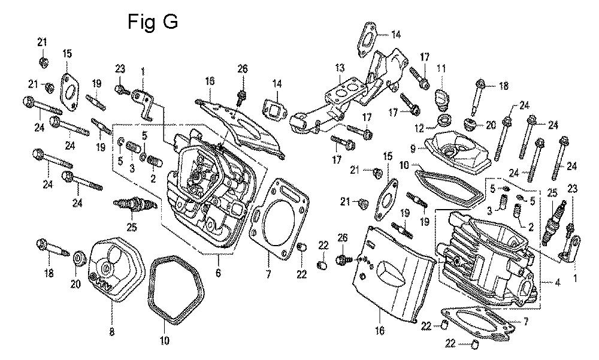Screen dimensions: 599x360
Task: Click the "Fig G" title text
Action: click(152, 22)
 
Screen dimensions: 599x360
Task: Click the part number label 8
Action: click(111, 332)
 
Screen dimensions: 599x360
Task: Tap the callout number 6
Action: click(218, 273)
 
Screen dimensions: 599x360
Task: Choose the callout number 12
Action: click(419, 128)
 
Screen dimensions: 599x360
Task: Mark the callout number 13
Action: click(340, 68)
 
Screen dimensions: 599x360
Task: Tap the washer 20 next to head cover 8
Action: click(80, 258)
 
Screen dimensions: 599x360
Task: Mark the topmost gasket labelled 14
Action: click(368, 40)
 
